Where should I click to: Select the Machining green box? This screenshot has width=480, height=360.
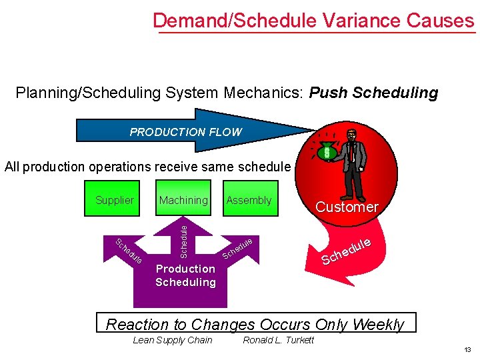tap(183, 199)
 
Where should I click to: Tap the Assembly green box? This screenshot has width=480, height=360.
tap(249, 199)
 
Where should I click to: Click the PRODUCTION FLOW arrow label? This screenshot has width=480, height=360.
tap(185, 132)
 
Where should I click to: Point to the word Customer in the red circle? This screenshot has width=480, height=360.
tap(347, 207)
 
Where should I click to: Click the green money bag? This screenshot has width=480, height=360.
tap(327, 153)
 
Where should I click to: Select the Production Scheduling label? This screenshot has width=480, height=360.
tap(185, 275)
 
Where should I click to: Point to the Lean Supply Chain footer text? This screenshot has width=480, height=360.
tap(173, 341)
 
